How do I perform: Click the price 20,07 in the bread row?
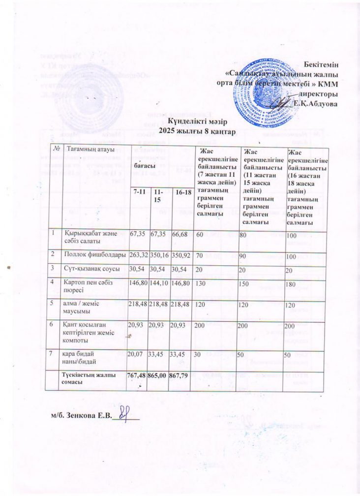[x=135, y=353]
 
